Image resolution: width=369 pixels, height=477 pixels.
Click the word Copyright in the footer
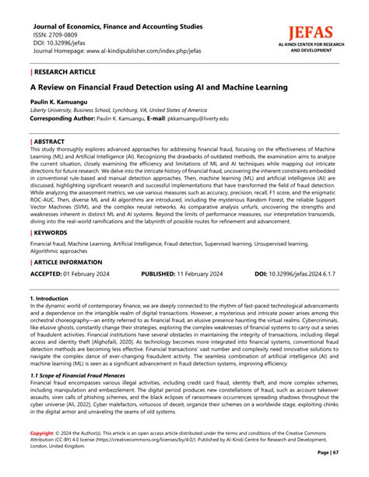click(x=42, y=432)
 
